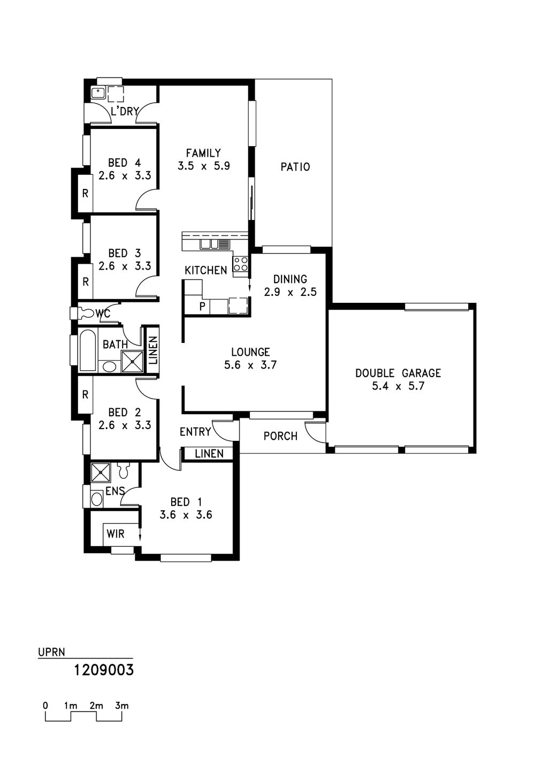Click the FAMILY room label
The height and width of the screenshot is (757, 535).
click(x=203, y=153)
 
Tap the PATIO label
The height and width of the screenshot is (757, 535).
click(x=295, y=167)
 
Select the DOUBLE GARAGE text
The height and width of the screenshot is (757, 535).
click(x=398, y=373)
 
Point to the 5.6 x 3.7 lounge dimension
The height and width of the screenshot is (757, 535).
click(x=250, y=365)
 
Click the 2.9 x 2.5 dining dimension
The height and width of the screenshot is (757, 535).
click(x=290, y=292)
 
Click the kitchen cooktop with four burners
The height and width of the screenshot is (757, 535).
click(x=241, y=264)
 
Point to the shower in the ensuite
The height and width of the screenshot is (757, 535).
click(x=101, y=472)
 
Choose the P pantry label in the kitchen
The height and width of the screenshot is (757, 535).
click(x=202, y=307)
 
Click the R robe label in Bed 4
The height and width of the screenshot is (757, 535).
click(x=85, y=194)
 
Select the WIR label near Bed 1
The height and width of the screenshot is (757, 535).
click(x=116, y=534)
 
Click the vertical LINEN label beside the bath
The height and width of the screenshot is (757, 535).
click(x=153, y=350)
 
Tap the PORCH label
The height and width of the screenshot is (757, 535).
click(x=280, y=437)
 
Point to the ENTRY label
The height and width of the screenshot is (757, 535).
click(x=195, y=432)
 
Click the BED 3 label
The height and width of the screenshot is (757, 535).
click(x=124, y=253)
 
